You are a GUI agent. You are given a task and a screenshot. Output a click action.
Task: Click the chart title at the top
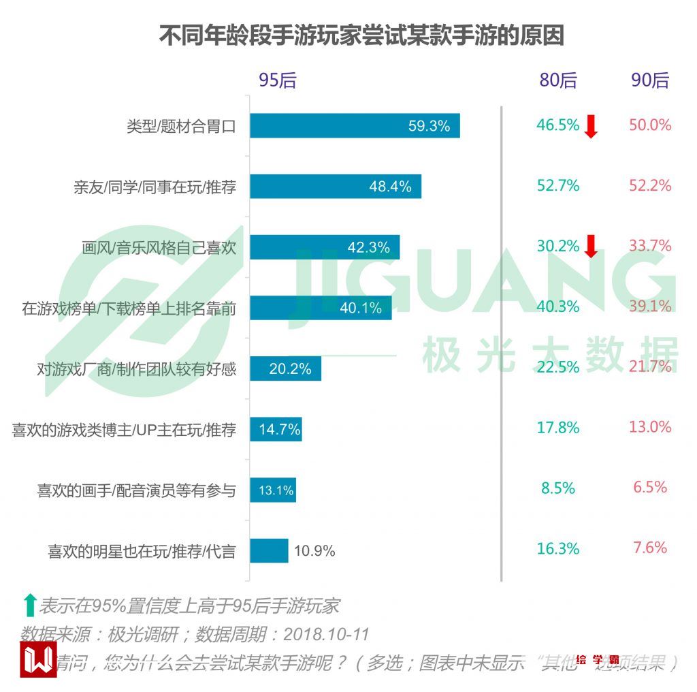click(x=361, y=35)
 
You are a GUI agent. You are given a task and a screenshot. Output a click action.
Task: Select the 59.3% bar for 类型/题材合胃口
click(x=354, y=126)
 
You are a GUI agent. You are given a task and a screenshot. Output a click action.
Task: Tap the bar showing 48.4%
click(x=335, y=187)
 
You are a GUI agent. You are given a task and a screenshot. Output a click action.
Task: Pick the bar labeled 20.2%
click(x=285, y=369)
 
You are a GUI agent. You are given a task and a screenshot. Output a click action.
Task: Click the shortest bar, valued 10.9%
click(x=269, y=551)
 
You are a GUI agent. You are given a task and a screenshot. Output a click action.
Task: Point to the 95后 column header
click(x=277, y=80)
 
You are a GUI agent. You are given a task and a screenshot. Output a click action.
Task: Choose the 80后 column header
click(x=557, y=80)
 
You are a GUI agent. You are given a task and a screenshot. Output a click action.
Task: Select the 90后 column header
click(x=650, y=80)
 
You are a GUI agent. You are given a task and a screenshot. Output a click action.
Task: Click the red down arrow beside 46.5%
click(x=591, y=127)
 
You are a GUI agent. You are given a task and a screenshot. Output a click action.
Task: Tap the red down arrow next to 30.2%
click(x=591, y=247)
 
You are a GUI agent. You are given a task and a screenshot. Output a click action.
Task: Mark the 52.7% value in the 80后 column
click(x=557, y=185)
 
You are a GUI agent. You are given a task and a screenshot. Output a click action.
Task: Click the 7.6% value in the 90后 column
click(x=650, y=548)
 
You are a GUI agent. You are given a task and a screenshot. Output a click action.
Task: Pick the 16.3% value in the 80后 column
click(x=557, y=548)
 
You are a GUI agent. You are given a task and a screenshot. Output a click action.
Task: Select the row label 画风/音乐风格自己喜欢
click(x=159, y=247)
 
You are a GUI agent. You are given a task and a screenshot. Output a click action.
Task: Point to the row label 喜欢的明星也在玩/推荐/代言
click(x=142, y=551)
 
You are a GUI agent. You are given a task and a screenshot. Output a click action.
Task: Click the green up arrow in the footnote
click(x=29, y=605)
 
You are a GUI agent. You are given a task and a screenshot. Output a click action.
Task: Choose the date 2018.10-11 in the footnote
click(x=326, y=635)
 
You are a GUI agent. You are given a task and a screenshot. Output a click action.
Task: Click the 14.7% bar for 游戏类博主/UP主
click(x=276, y=430)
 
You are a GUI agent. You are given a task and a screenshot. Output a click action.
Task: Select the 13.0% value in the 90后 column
click(x=650, y=427)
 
